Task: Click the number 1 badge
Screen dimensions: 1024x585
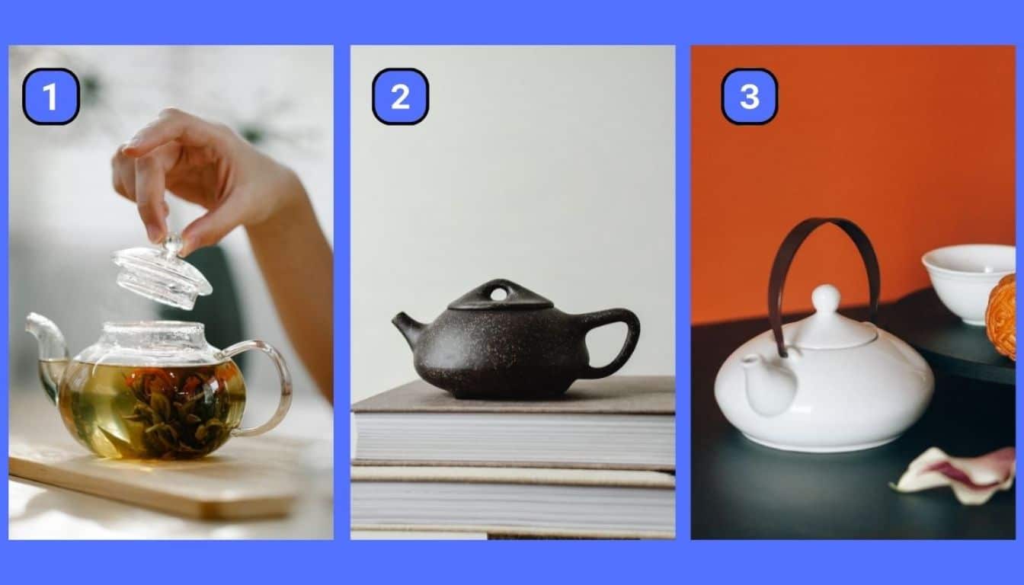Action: pyautogui.click(x=51, y=97)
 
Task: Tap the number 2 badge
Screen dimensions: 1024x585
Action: pyautogui.click(x=400, y=97)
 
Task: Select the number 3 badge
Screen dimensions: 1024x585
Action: pyautogui.click(x=749, y=97)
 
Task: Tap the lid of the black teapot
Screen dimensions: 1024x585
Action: pyautogui.click(x=501, y=295)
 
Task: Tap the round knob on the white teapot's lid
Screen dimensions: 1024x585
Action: pyautogui.click(x=826, y=297)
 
